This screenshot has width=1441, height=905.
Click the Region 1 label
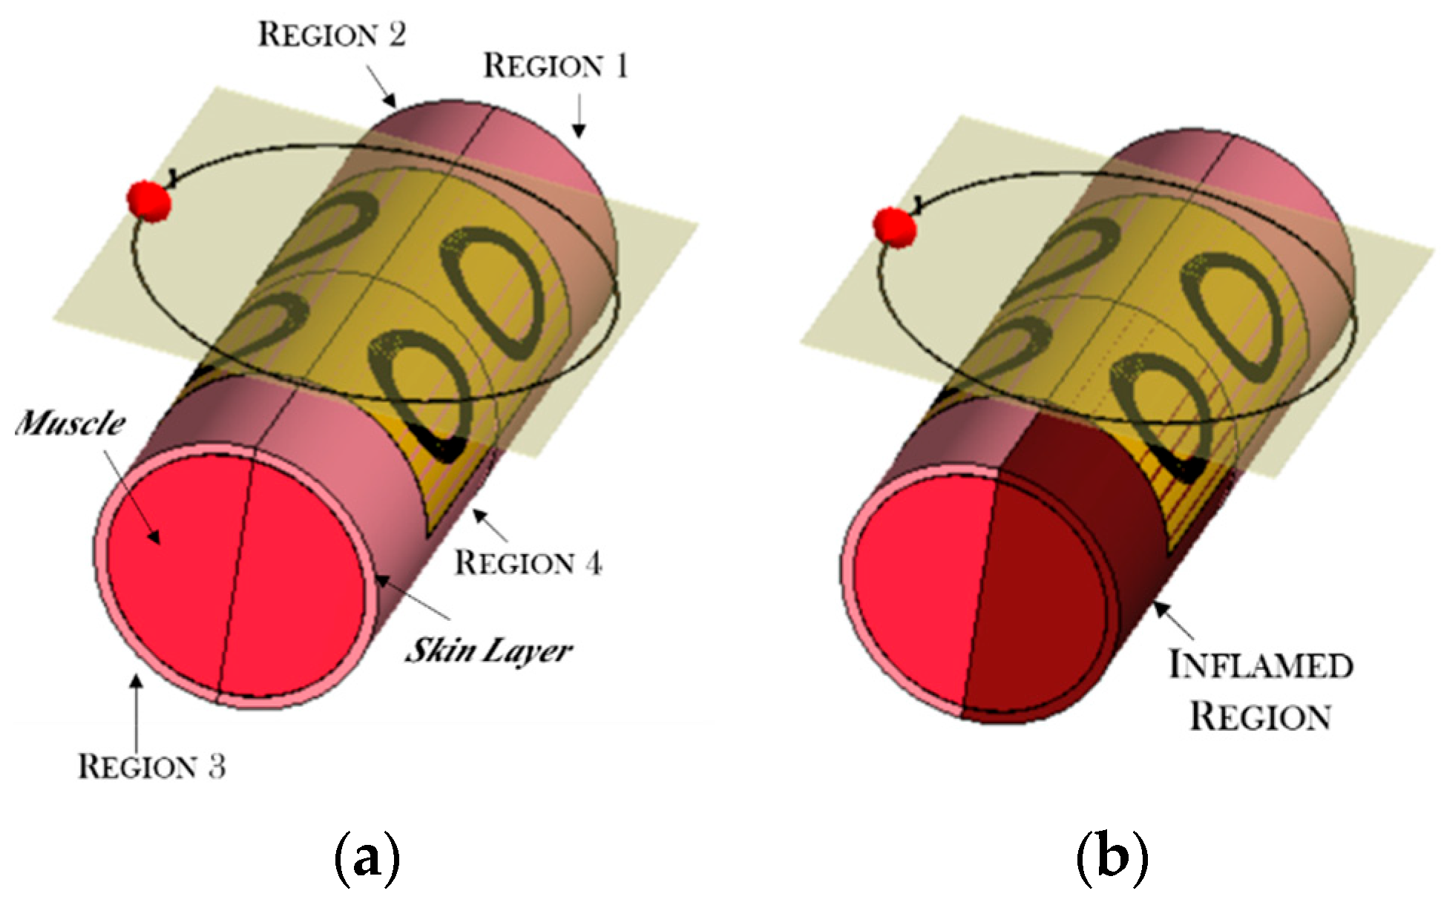coord(556,66)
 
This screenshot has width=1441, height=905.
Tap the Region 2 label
coord(332,35)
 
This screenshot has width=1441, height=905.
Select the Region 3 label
coord(151,766)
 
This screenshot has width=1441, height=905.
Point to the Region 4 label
coord(528,563)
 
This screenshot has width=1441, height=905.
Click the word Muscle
coord(70,424)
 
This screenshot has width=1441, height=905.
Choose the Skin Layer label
coord(488,651)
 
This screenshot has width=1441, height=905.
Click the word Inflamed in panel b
coord(1261,665)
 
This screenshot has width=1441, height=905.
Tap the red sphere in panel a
coord(148,200)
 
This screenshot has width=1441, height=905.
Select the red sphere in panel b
coord(895,227)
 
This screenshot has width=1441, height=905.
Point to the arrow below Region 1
coord(580,119)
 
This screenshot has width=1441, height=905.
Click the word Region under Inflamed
coord(1261,717)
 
